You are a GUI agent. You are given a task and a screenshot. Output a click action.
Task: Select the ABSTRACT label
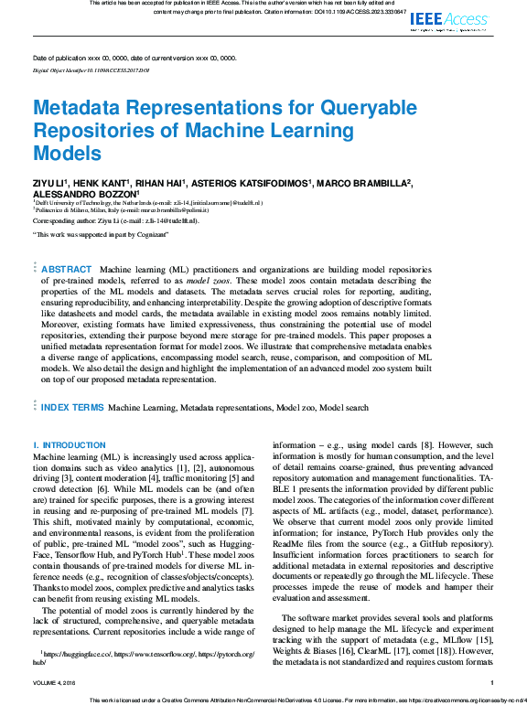tap(67, 269)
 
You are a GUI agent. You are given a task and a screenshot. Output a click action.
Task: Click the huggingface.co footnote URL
tap(81, 656)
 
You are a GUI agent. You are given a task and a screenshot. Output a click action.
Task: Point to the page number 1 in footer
tap(491, 682)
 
